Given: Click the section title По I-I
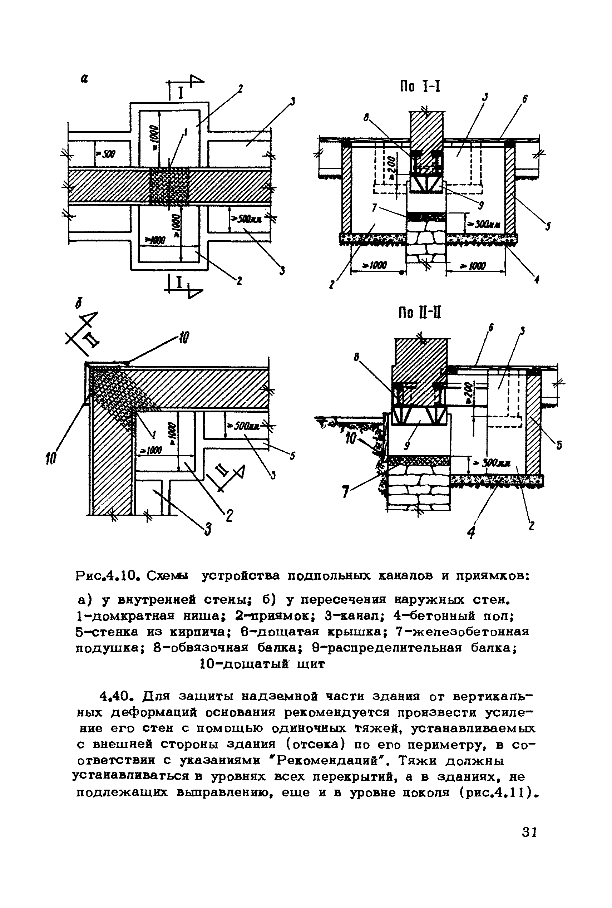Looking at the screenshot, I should click(x=420, y=86).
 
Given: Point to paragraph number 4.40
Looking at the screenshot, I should click(x=118, y=696).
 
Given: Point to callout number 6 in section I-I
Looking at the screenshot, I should click(x=525, y=100).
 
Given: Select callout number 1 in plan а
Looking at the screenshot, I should click(x=186, y=133).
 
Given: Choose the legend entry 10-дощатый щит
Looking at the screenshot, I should click(x=262, y=664).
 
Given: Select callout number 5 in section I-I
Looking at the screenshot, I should click(x=548, y=226).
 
